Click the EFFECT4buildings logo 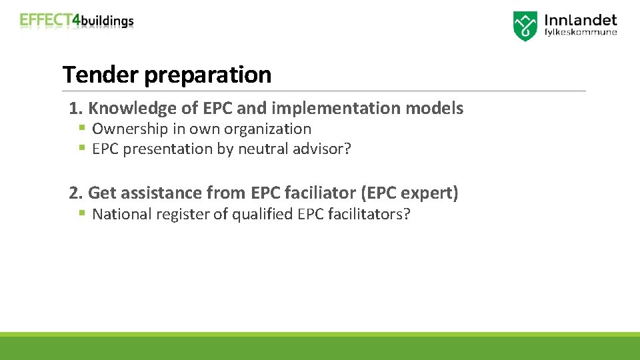[x=77, y=21]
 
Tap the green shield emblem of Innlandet [x=525, y=26]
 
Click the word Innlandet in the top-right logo [x=581, y=21]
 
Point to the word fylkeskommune [x=581, y=32]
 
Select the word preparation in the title [x=208, y=75]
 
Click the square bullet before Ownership [x=81, y=128]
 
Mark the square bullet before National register [x=81, y=213]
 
